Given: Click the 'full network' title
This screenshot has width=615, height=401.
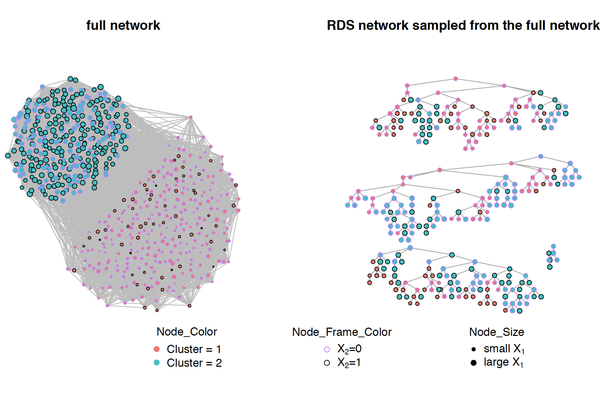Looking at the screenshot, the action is [123, 25].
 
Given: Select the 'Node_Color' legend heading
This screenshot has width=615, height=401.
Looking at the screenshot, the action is [187, 332].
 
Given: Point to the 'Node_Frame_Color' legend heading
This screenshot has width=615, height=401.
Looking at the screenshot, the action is [342, 332].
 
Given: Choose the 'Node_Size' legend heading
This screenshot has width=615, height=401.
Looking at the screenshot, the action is [497, 332].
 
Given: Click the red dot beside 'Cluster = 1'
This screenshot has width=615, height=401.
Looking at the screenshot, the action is [156, 349].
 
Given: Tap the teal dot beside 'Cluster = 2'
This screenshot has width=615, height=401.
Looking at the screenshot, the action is [156, 363].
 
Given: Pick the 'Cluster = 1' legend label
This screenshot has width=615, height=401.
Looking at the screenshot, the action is [194, 349].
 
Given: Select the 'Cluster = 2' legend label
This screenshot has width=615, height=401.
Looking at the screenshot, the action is [194, 363].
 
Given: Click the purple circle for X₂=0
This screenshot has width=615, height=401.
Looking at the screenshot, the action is [327, 349].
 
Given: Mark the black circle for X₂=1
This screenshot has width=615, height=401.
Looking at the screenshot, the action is [327, 363].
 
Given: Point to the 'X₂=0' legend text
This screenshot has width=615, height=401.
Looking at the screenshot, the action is [349, 349].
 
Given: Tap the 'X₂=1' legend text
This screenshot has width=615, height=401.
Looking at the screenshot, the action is [349, 363].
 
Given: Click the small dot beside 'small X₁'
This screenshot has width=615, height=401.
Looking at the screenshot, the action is [474, 349].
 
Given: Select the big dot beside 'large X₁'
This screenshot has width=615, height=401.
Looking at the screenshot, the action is [474, 363].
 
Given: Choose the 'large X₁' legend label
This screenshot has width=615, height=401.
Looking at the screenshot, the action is [504, 363].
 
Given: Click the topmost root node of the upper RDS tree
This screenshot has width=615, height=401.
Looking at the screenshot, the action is [455, 78].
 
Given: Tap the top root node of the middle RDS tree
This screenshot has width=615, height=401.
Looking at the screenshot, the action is [540, 156].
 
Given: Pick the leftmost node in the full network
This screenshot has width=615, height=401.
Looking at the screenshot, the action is [8, 156].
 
